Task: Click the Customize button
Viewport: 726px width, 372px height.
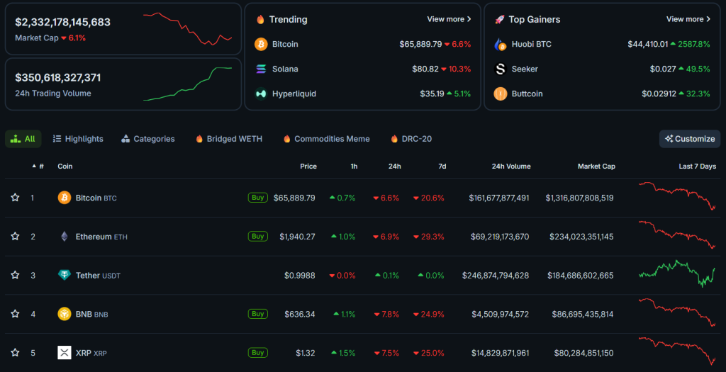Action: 689,139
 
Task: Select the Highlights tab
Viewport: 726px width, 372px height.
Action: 78,139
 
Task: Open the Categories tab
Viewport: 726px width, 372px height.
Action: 147,139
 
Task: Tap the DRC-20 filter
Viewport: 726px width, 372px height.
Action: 411,139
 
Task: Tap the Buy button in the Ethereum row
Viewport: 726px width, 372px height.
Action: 257,236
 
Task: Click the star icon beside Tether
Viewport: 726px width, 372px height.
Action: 15,275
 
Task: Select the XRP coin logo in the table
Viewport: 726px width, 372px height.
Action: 65,353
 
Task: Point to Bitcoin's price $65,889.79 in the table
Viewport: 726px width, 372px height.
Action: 294,198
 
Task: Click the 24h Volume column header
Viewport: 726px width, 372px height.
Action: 510,167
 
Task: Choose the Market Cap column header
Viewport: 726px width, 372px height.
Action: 596,167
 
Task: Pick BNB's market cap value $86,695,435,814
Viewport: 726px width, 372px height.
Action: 579,314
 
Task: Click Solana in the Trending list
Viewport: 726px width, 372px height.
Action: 285,69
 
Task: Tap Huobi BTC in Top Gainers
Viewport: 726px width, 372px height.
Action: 531,44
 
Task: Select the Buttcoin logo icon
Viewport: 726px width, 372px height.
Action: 501,94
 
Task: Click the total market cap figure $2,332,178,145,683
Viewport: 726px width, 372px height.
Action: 62,22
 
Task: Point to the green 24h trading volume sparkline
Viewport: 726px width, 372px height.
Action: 187,84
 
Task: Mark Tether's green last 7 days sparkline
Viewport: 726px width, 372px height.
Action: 677,273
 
